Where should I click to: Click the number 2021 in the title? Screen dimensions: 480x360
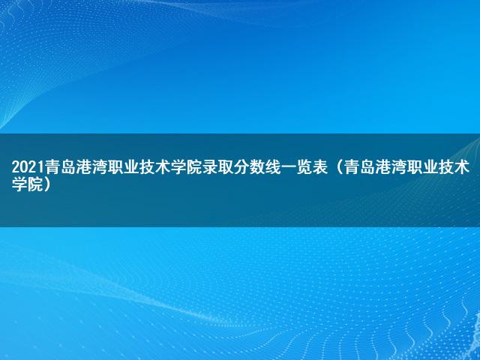[x=28, y=167]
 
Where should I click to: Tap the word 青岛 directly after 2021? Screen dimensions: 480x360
[x=60, y=167]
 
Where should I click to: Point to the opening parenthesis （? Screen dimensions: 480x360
[x=338, y=167]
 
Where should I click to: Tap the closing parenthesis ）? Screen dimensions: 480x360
[x=46, y=184]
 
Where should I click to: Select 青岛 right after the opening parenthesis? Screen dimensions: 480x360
[x=358, y=167]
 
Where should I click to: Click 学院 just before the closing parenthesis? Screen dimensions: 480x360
[x=27, y=184]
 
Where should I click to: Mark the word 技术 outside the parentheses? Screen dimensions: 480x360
[x=154, y=167]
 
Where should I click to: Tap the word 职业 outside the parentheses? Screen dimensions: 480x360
[x=123, y=167]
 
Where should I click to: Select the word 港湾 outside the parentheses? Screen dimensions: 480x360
[x=91, y=167]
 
